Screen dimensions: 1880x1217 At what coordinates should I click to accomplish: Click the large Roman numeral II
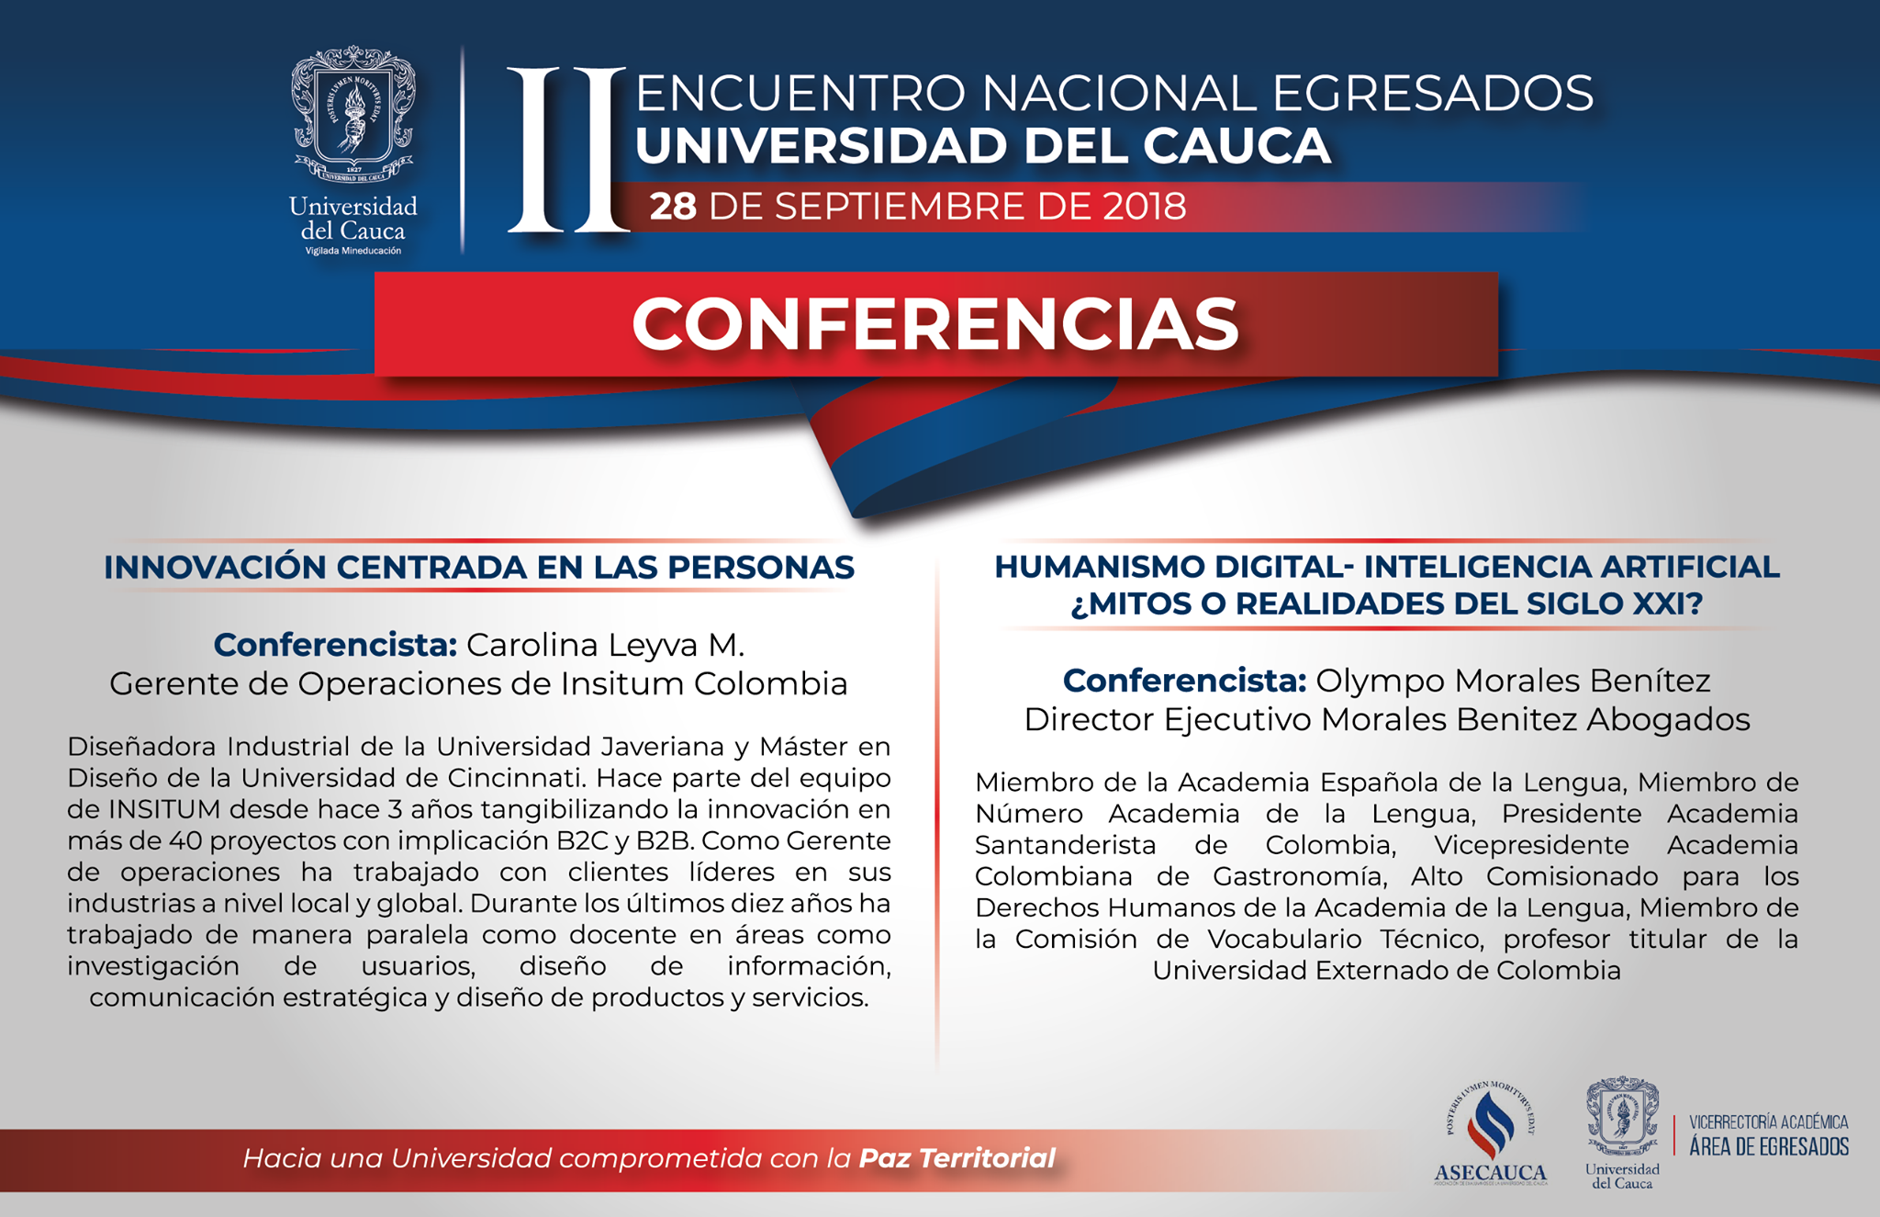568,150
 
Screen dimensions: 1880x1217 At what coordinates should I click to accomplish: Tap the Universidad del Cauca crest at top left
353,114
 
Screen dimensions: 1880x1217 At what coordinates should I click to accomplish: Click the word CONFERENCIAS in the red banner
935,324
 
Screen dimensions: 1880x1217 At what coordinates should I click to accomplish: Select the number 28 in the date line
673,206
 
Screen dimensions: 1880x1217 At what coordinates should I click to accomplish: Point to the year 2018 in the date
1145,206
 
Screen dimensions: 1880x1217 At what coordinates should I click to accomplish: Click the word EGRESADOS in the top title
1433,93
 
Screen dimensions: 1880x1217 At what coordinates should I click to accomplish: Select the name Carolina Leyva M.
605,645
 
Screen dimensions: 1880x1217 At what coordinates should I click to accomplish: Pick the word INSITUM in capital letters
163,809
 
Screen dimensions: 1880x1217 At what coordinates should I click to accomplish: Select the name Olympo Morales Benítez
1513,681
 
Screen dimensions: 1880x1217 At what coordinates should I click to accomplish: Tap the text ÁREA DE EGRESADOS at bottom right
1769,1146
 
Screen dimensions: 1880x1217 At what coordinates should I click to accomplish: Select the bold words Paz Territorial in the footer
957,1158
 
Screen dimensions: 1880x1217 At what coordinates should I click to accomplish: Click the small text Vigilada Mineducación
353,251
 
